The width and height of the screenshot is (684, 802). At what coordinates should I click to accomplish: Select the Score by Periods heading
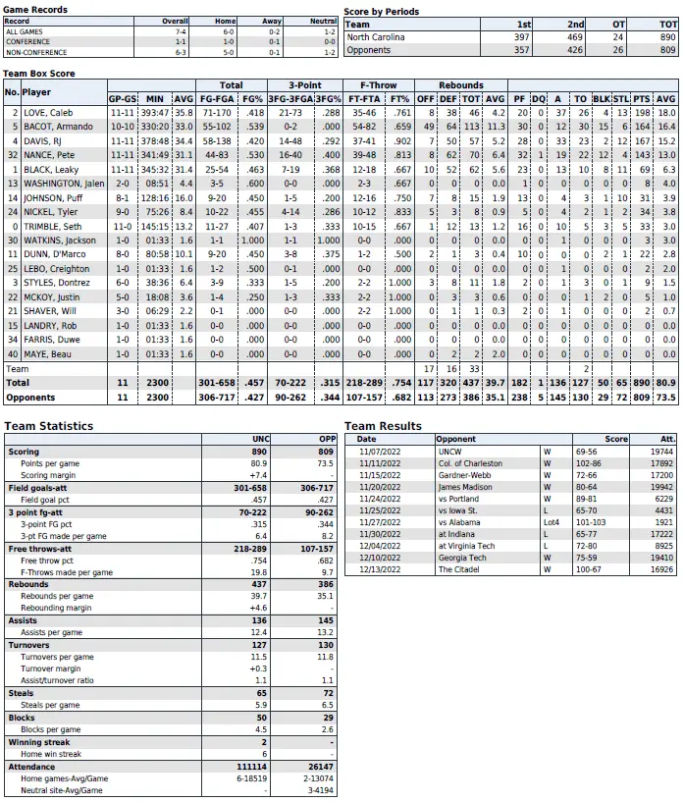point(382,12)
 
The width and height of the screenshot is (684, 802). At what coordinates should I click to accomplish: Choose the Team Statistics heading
point(49,426)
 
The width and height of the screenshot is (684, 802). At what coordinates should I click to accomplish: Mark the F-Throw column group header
point(378,85)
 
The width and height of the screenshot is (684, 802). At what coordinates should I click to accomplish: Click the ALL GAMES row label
point(26,31)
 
